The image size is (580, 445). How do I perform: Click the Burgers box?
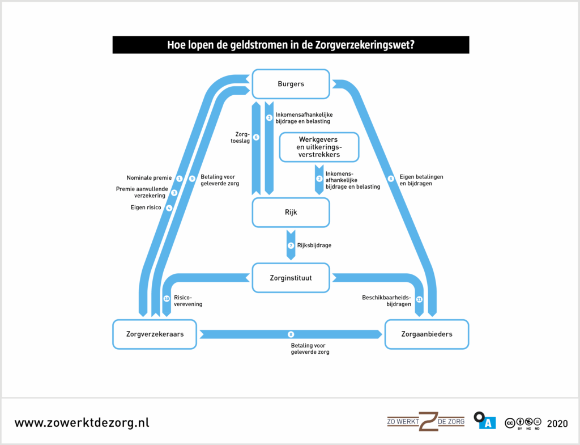pyautogui.click(x=291, y=84)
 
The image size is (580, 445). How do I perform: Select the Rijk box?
pyautogui.click(x=291, y=213)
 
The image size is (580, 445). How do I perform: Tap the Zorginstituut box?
pyautogui.click(x=291, y=278)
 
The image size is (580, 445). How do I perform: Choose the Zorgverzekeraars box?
pyautogui.click(x=155, y=334)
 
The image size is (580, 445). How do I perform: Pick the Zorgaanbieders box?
pyautogui.click(x=427, y=334)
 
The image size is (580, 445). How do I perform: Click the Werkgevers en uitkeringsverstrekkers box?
pyautogui.click(x=319, y=147)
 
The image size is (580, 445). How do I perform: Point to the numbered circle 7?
pyautogui.click(x=291, y=245)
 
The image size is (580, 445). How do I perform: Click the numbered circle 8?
pyautogui.click(x=291, y=334)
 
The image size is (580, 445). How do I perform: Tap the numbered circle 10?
pyautogui.click(x=167, y=298)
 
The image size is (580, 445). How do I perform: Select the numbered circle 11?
pyautogui.click(x=419, y=299)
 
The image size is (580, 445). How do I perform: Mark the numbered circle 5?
pyautogui.click(x=391, y=179)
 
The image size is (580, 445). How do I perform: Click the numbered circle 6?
pyautogui.click(x=256, y=137)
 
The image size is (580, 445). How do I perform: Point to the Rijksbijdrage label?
pyautogui.click(x=314, y=245)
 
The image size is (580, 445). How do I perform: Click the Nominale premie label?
pyautogui.click(x=149, y=178)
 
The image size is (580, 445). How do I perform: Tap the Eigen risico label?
pyautogui.click(x=146, y=207)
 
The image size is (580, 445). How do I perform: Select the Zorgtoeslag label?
pyautogui.click(x=242, y=137)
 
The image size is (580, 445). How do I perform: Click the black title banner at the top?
pyautogui.click(x=291, y=45)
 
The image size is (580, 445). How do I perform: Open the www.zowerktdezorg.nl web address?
pyautogui.click(x=82, y=423)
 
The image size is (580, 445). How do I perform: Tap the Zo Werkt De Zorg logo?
pyautogui.click(x=425, y=421)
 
